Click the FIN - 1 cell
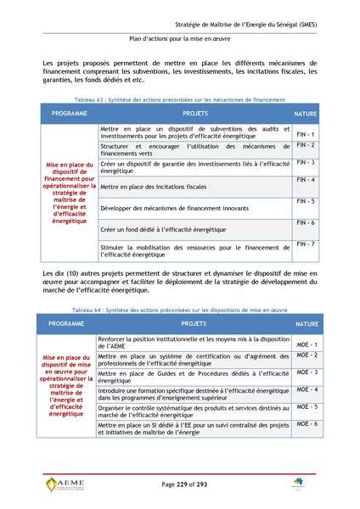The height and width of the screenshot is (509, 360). coord(306,135)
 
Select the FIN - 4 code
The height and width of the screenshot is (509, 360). coord(306,180)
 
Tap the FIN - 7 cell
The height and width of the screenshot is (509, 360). coord(306,244)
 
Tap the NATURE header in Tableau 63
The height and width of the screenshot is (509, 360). coord(306,113)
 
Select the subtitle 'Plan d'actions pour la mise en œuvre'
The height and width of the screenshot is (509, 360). coord(179,38)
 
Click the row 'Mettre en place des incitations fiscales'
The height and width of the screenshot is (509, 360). coord(154,186)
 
